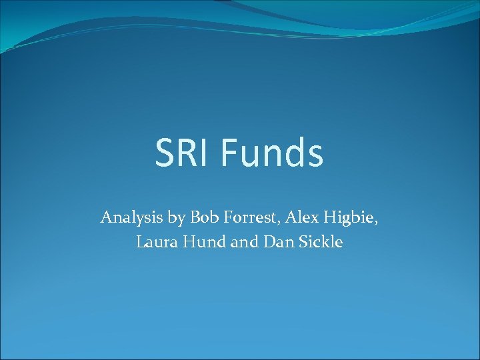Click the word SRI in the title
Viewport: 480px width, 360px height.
click(182, 153)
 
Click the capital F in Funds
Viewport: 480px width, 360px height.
click(228, 153)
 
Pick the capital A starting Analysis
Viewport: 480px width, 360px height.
click(106, 217)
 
